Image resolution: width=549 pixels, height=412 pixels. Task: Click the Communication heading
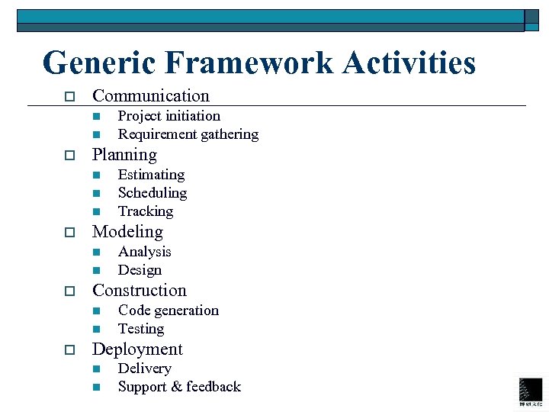click(150, 96)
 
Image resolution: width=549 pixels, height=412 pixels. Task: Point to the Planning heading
click(124, 155)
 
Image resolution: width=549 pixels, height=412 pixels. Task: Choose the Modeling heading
click(127, 232)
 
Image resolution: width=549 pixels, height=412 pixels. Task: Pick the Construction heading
click(139, 291)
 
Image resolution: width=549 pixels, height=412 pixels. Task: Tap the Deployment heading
click(137, 349)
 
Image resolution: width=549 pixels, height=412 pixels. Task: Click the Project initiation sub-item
click(169, 116)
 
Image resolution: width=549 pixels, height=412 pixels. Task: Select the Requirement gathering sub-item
click(188, 134)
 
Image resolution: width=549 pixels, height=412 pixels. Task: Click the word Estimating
click(151, 175)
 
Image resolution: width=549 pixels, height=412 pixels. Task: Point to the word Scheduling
click(152, 193)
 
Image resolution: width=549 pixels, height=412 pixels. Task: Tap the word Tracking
click(146, 211)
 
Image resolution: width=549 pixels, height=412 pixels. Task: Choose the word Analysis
click(144, 252)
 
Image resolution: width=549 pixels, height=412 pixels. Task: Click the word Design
click(140, 270)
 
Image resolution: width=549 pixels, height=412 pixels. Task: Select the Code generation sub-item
click(168, 311)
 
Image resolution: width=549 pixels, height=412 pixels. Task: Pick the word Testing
click(141, 329)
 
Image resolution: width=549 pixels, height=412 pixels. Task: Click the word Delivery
click(144, 369)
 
